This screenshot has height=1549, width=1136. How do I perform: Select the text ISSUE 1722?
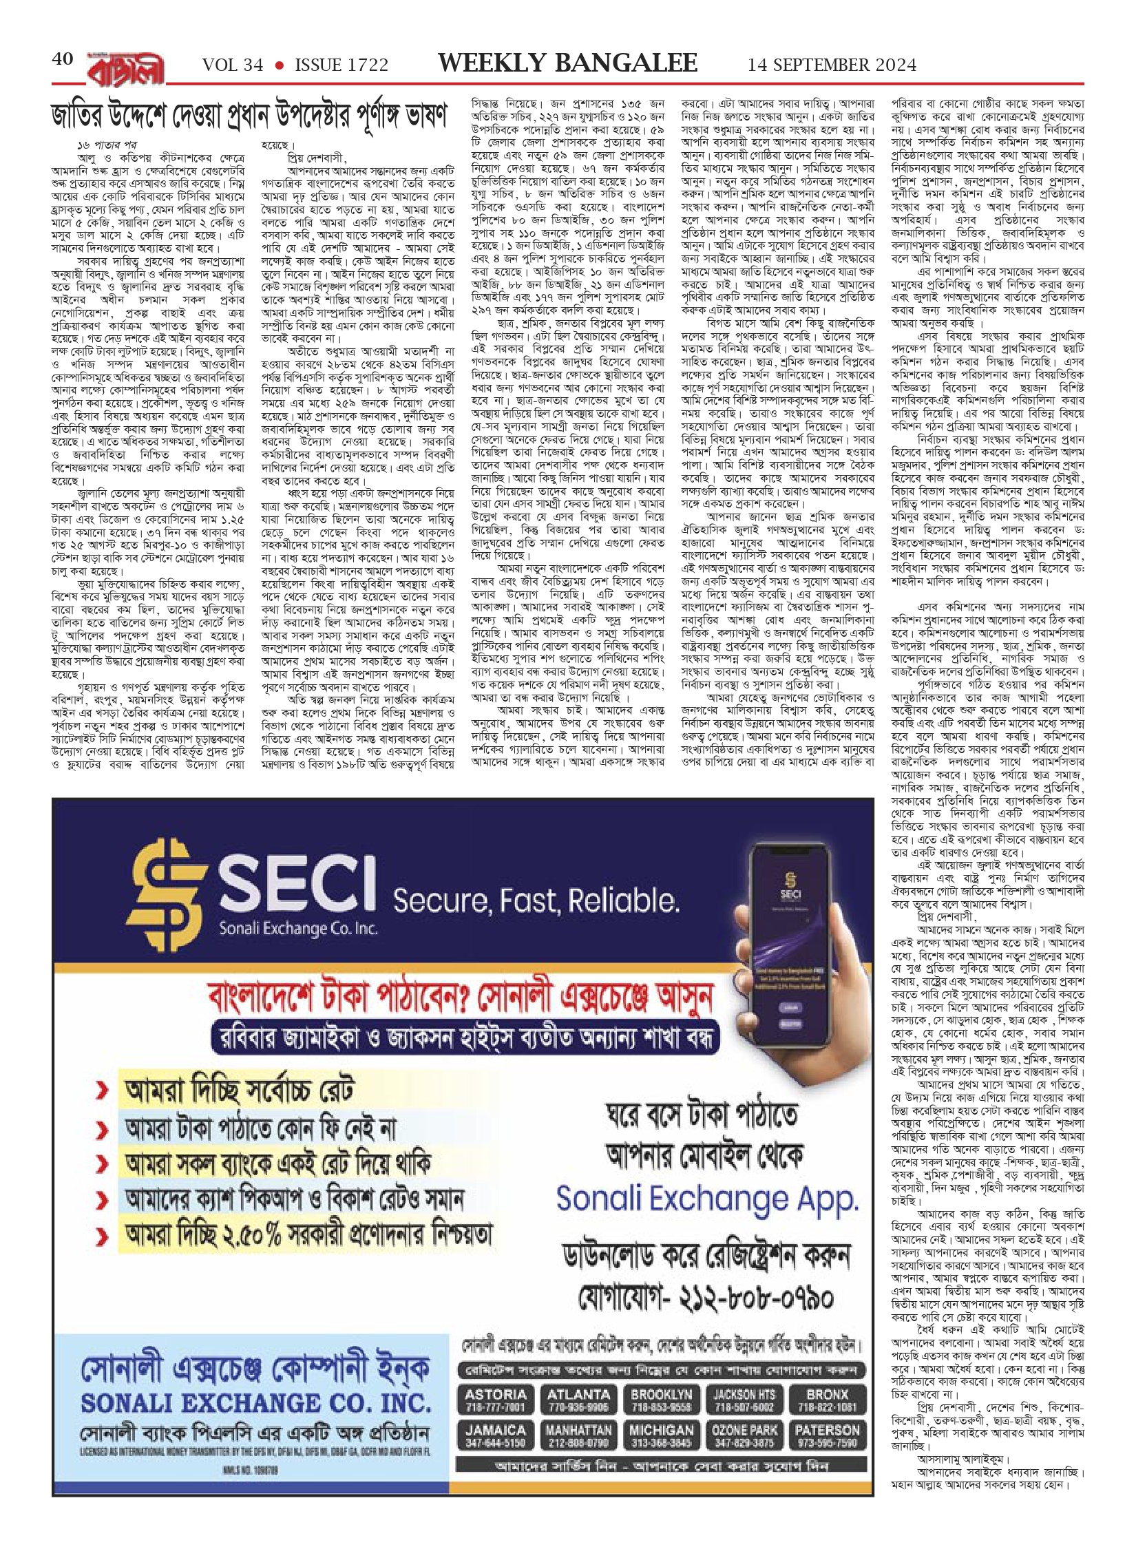tap(341, 65)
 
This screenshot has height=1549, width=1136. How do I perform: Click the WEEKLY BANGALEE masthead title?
tap(567, 63)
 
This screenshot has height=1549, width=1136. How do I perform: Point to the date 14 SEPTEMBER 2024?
tap(832, 65)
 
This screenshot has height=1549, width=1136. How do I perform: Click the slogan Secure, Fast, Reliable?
tap(536, 899)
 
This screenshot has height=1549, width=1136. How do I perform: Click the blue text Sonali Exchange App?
tap(707, 1199)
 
